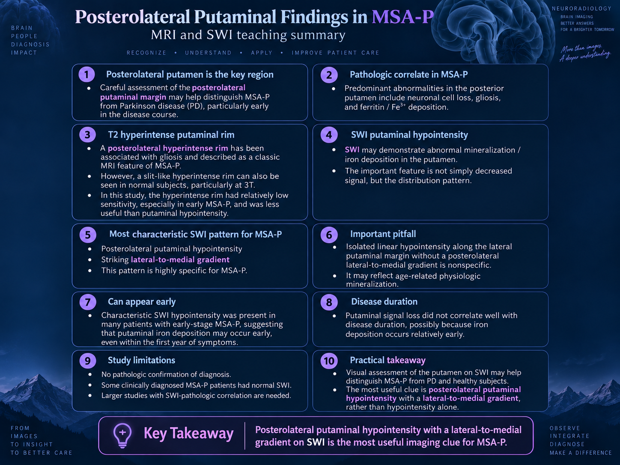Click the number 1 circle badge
pyautogui.click(x=86, y=74)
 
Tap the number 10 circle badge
pyautogui.click(x=329, y=361)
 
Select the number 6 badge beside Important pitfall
pyautogui.click(x=329, y=235)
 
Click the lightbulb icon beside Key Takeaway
pyautogui.click(x=122, y=435)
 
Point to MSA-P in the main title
pyautogui.click(x=402, y=17)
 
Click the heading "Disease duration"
pyautogui.click(x=384, y=301)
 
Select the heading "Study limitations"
pyautogui.click(x=142, y=360)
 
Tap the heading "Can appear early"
pyautogui.click(x=142, y=302)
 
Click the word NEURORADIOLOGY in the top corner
pyautogui.click(x=581, y=9)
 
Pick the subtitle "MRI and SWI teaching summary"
pyautogui.click(x=248, y=35)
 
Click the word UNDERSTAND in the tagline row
pyautogui.click(x=208, y=53)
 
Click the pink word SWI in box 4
pyautogui.click(x=352, y=149)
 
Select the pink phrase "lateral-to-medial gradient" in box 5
pyautogui.click(x=180, y=259)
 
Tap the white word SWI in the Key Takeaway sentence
pyautogui.click(x=316, y=442)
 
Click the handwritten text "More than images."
pyautogui.click(x=581, y=48)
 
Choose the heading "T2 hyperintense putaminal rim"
pyautogui.click(x=171, y=135)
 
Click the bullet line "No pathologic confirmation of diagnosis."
pyautogui.click(x=166, y=374)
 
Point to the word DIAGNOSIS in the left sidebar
pyautogui.click(x=30, y=45)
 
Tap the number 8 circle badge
pyautogui.click(x=329, y=302)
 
